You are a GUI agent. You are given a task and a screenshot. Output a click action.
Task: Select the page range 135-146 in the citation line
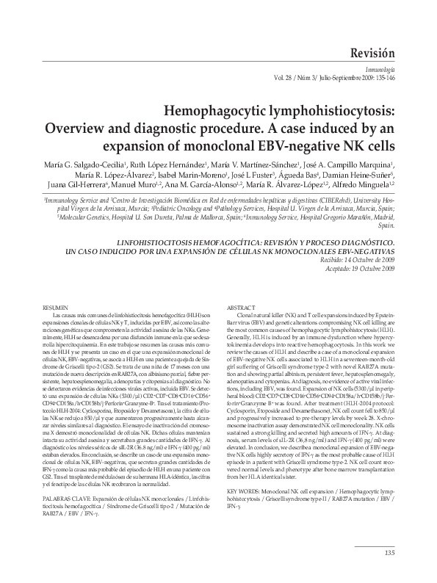click(383, 77)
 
